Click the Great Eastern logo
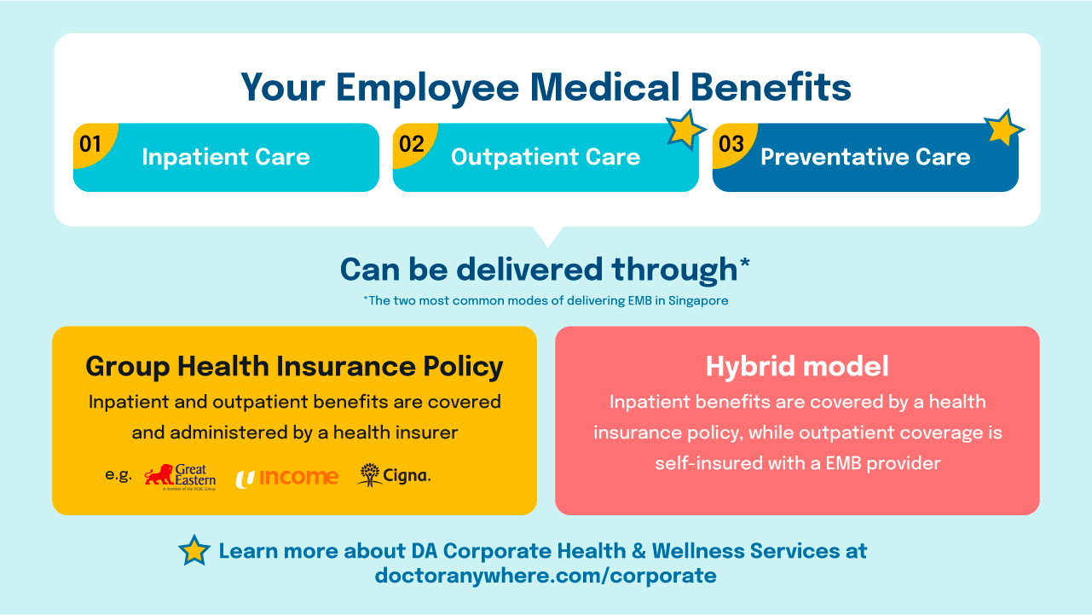pos(180,476)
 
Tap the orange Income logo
pos(286,477)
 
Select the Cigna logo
pos(394,475)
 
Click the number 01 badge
pos(90,143)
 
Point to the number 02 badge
pos(411,143)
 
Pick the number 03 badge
pos(731,143)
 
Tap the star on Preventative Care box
pos(1003,129)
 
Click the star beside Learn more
pos(194,550)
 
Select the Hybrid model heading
pos(797,366)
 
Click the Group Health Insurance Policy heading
pos(294,366)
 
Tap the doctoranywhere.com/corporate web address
pos(546,575)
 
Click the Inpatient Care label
pos(226,157)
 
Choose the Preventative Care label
pos(865,157)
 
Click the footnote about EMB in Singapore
pos(546,300)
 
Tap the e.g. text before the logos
pos(118,475)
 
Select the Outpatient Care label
pos(546,157)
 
